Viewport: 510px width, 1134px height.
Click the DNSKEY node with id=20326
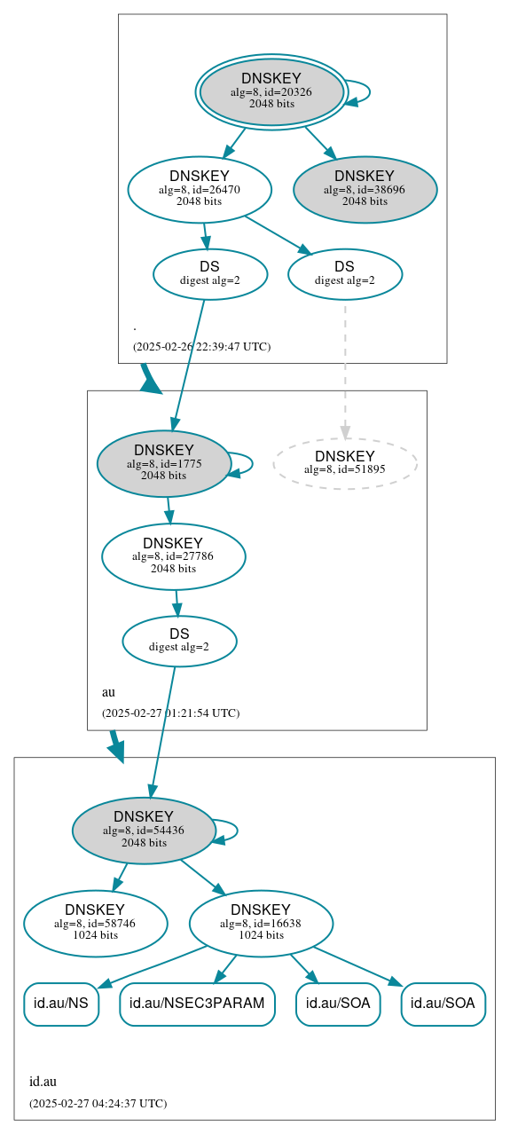[x=271, y=92]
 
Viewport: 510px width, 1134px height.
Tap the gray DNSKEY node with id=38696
[x=365, y=189]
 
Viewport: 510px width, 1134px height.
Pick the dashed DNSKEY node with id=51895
[x=345, y=463]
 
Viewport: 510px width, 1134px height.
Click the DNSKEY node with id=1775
[x=164, y=463]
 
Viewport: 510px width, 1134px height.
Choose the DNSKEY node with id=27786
[x=173, y=556]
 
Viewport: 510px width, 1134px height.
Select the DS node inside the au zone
[x=179, y=641]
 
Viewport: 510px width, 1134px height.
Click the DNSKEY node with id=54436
[x=144, y=831]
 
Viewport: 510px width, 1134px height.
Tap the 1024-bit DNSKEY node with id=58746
[x=95, y=923]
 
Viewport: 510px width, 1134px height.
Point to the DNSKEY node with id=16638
[x=261, y=923]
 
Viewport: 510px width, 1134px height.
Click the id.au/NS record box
[x=60, y=1004]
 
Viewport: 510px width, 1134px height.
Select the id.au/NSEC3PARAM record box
[x=197, y=1004]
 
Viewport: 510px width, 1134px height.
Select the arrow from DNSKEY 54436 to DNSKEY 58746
[x=120, y=877]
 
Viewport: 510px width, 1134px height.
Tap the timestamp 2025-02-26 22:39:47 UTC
[x=201, y=347]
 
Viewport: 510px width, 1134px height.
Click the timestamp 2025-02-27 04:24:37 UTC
[x=98, y=1104]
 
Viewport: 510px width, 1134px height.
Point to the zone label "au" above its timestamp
[x=108, y=692]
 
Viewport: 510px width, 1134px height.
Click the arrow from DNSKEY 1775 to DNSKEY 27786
[x=169, y=510]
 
